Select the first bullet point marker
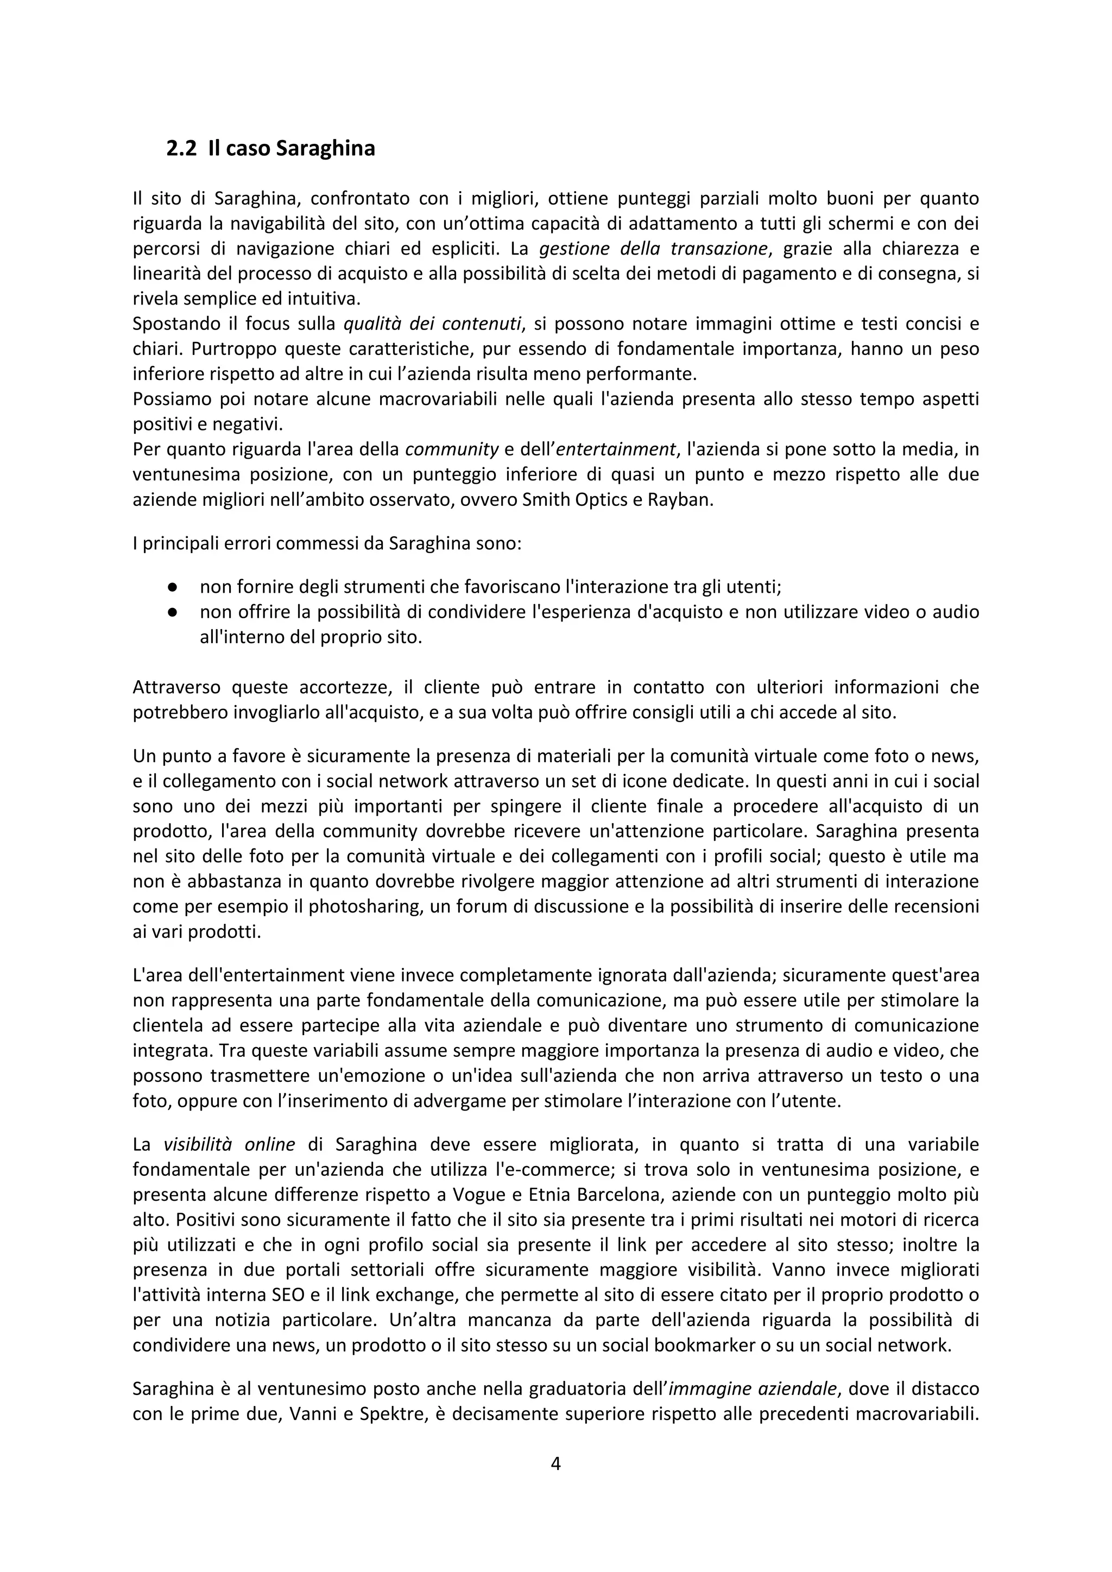173,587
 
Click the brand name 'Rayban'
685,500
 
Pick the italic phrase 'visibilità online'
229,1145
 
